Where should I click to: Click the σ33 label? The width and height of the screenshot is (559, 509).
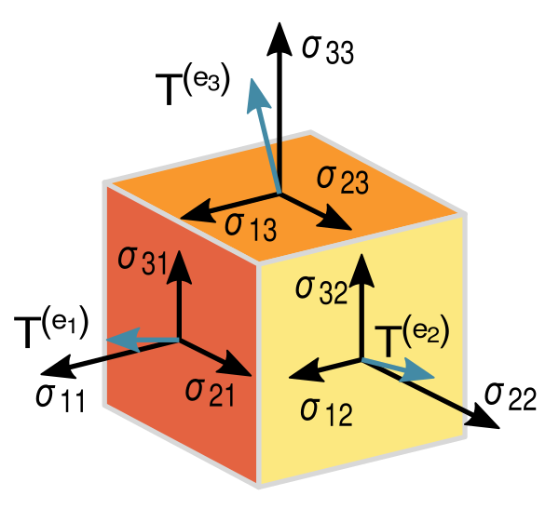[x=328, y=49]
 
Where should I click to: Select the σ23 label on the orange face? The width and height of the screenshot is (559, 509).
[x=343, y=180]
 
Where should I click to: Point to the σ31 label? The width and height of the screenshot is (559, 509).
[x=143, y=261]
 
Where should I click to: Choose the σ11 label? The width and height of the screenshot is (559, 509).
[x=61, y=398]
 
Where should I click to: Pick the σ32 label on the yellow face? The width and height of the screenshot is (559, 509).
[x=321, y=290]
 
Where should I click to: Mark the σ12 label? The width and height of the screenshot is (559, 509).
[x=327, y=411]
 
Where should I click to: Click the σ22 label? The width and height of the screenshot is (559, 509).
[x=511, y=396]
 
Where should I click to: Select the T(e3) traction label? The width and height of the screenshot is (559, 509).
[x=193, y=88]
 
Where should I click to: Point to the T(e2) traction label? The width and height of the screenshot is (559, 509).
[x=412, y=338]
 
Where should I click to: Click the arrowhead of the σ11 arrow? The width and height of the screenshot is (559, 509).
[x=58, y=368]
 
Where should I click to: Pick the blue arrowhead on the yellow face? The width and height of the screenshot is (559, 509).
[x=417, y=372]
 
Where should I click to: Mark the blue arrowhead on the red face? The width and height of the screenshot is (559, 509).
[x=123, y=340]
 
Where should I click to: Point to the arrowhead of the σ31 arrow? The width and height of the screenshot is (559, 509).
[x=179, y=266]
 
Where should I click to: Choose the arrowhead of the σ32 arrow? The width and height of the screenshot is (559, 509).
[x=361, y=270]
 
